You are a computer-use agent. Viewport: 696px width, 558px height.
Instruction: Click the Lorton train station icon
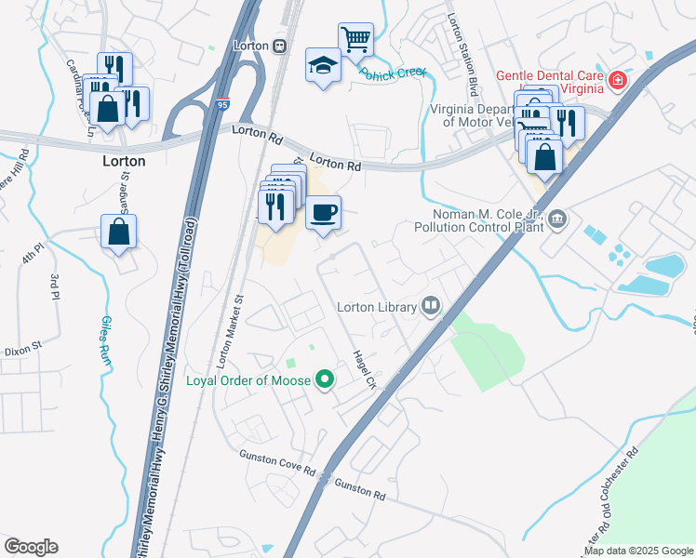click(279, 46)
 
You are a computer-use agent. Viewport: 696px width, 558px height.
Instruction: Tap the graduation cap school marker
click(322, 65)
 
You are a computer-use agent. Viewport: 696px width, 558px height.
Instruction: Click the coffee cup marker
click(323, 213)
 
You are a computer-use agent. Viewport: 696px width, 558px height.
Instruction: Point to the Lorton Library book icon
click(431, 305)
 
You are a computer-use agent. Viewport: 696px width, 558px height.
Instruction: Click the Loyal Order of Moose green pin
click(325, 379)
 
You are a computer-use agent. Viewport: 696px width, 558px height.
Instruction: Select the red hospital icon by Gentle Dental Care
click(616, 81)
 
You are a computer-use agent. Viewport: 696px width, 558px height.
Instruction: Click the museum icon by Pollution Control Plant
click(556, 219)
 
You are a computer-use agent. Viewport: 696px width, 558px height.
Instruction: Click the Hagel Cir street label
click(364, 368)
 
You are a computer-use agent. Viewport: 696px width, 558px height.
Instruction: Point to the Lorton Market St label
click(229, 327)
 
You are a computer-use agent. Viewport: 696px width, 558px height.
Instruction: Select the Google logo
click(31, 547)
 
